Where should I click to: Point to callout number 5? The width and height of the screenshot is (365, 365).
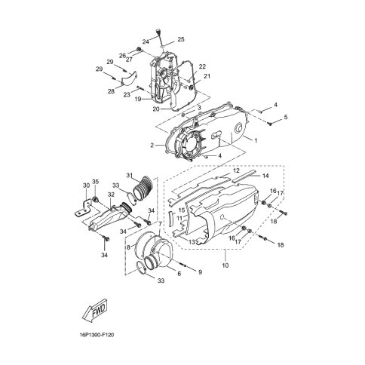point(286,118)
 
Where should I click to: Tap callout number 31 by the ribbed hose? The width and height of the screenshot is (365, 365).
point(129,176)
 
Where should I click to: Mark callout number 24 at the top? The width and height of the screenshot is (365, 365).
point(146,41)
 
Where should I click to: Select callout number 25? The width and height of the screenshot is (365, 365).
point(181,39)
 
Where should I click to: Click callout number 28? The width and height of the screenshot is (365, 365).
point(110,91)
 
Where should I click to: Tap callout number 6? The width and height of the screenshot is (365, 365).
point(178,274)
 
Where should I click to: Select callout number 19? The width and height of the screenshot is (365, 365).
point(138,98)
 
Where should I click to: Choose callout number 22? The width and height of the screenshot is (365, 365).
point(202,67)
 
